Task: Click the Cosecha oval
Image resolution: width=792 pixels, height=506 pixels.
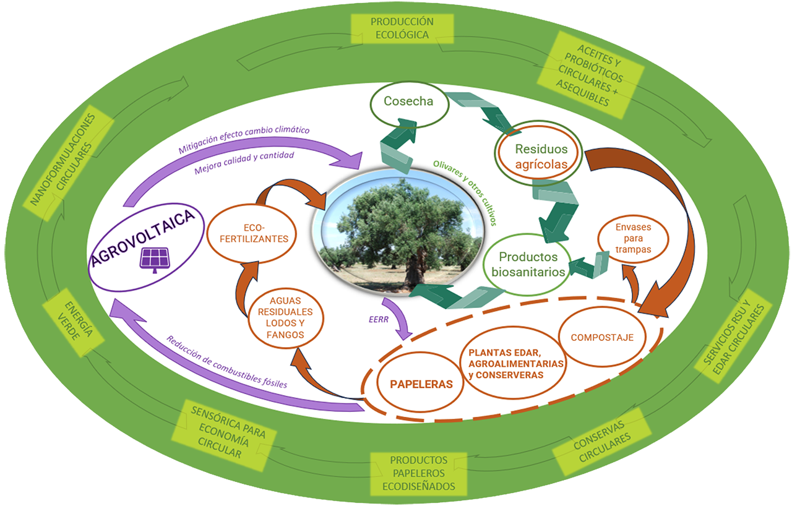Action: click(x=408, y=101)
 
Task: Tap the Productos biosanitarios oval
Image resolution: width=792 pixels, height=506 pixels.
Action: click(x=528, y=265)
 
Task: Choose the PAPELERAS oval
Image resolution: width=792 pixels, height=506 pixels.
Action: click(x=421, y=384)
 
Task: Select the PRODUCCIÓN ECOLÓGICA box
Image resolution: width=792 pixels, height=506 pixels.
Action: click(x=402, y=28)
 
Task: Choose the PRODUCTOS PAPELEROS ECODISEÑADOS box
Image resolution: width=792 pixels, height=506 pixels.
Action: click(x=418, y=473)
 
